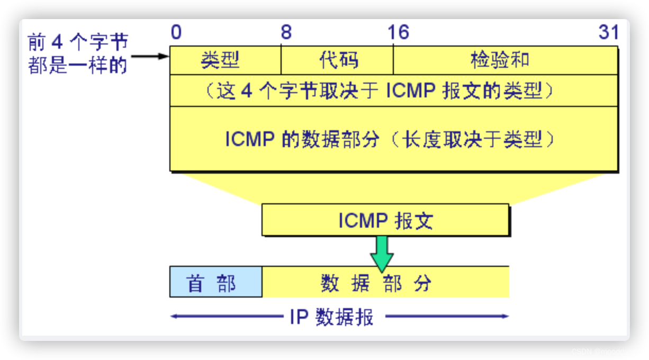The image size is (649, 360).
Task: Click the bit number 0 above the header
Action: (x=176, y=33)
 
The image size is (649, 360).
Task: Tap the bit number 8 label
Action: (x=286, y=33)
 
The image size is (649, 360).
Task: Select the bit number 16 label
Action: (x=398, y=33)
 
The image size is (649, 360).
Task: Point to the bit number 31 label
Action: (x=608, y=33)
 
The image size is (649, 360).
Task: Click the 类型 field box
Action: (x=225, y=60)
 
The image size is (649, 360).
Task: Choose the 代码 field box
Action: (x=337, y=60)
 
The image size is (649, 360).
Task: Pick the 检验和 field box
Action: (x=505, y=60)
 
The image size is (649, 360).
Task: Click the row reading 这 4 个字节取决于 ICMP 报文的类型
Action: (x=393, y=91)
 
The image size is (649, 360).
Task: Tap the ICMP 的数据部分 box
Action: (x=393, y=139)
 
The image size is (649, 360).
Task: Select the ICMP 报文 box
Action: (x=385, y=220)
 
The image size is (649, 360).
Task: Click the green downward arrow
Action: (x=382, y=253)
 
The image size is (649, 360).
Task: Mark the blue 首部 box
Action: (x=215, y=282)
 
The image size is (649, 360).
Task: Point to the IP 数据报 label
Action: (x=332, y=317)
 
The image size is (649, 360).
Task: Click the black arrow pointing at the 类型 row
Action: (x=150, y=56)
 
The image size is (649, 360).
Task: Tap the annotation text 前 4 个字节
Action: (x=78, y=43)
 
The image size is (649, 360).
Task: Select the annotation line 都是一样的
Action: (x=78, y=66)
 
